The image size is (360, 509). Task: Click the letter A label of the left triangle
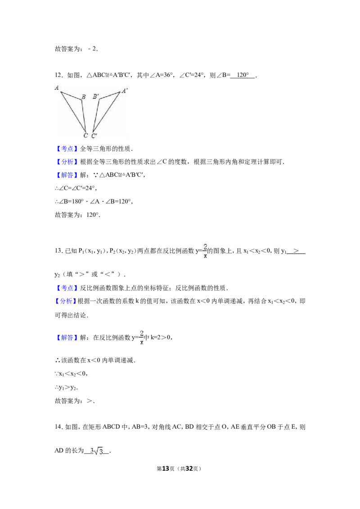tap(57, 88)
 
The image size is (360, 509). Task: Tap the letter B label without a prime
tap(83, 97)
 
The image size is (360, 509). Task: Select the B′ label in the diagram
tap(95, 97)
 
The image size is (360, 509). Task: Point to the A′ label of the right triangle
tap(124, 90)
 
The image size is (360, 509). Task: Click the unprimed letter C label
tap(85, 135)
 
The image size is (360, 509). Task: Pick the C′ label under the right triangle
tap(94, 135)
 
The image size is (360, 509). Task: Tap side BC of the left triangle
tap(84, 115)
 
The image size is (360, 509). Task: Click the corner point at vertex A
tap(61, 93)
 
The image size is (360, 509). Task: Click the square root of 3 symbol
tap(97, 451)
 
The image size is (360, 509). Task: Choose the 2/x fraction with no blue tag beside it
tap(205, 250)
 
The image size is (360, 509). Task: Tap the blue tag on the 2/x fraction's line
tap(67, 338)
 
